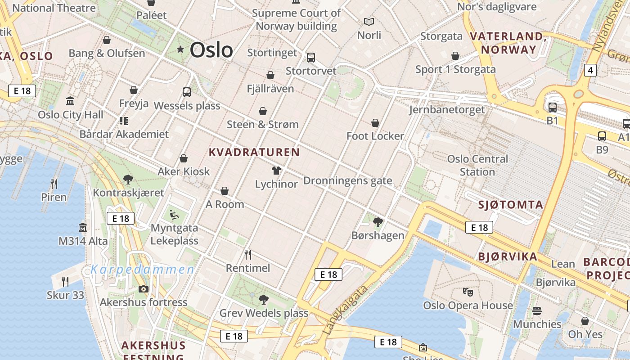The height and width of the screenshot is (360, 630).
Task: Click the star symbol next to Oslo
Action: click(180, 49)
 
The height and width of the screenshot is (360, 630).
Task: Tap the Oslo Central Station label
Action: click(477, 165)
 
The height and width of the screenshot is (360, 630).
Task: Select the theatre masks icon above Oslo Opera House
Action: click(468, 292)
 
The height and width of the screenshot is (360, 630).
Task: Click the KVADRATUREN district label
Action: click(254, 152)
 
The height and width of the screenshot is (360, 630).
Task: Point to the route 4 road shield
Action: click(590, 70)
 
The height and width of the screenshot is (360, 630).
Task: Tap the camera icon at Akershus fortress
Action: click(144, 289)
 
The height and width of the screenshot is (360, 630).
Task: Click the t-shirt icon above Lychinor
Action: click(276, 171)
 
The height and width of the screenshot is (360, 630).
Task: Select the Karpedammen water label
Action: click(143, 270)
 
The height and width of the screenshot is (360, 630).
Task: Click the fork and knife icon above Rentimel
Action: click(248, 255)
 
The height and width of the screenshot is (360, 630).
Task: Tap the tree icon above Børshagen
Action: click(378, 222)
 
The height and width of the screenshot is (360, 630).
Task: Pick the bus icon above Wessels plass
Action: click(187, 92)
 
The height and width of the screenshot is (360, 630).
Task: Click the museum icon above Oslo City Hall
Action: click(70, 101)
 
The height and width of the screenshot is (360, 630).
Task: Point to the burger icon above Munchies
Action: click(537, 311)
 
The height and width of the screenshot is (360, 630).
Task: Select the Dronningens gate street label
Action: click(348, 181)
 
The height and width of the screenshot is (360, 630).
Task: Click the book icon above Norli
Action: click(369, 22)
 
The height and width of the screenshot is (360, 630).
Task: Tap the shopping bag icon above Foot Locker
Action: click(375, 122)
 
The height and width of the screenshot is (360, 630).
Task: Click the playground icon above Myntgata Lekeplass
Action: click(174, 214)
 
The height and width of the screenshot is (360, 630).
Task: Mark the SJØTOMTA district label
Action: click(511, 205)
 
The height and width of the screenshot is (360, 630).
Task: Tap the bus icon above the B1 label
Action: click(552, 107)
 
